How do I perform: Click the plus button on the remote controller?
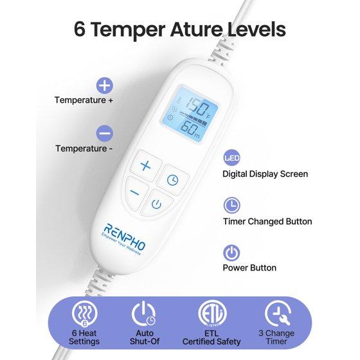tap(146, 165)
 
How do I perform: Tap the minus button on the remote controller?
tap(136, 193)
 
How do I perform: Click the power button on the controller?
tap(156, 204)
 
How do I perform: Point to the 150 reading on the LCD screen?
tap(197, 106)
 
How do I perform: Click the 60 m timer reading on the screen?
tap(190, 129)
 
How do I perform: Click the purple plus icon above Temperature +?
tap(104, 85)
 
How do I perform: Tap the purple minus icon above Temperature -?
tap(104, 133)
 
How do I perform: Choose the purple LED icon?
tap(231, 157)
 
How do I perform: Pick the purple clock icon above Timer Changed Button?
tap(231, 205)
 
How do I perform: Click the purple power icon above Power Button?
tap(231, 253)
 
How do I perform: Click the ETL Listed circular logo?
tap(212, 314)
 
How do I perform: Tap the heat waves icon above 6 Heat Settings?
tap(84, 314)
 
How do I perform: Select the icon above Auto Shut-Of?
tap(144, 314)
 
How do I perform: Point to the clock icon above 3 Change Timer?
tap(277, 314)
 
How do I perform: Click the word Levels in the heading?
tap(256, 30)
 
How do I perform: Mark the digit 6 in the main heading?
tap(80, 30)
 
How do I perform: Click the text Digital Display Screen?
tap(265, 174)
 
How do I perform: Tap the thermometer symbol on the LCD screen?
tap(177, 102)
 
